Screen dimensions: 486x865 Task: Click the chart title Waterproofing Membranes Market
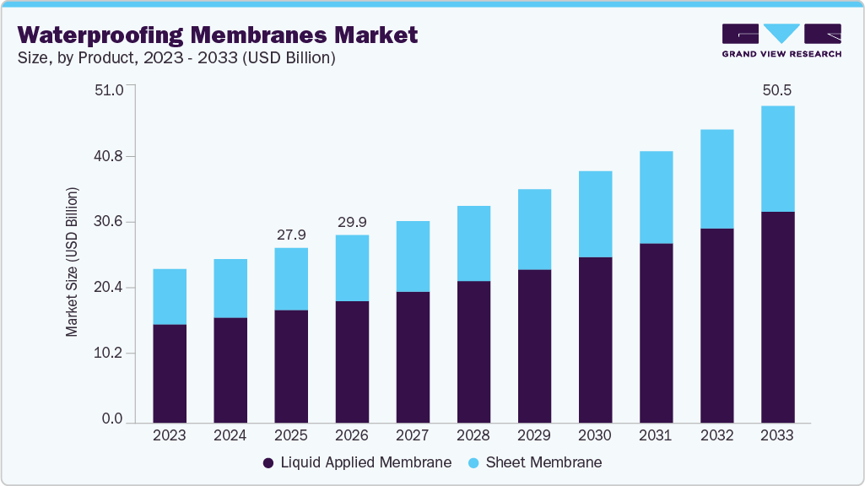click(218, 35)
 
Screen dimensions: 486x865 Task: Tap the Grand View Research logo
click(781, 40)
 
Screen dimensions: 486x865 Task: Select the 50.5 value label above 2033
click(777, 90)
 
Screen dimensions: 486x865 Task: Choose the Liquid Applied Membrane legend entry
click(357, 462)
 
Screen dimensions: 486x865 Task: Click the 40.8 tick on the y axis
click(107, 156)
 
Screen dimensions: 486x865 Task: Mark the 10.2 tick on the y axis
click(107, 353)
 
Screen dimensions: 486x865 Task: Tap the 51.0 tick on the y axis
click(107, 90)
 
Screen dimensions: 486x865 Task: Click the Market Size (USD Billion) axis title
click(73, 262)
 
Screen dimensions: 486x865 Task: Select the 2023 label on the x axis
click(170, 435)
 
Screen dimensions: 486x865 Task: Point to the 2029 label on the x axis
click(534, 435)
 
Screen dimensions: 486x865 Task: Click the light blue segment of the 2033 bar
click(777, 159)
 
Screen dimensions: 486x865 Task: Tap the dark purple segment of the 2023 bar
click(170, 373)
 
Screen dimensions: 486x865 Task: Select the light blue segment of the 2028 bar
click(473, 243)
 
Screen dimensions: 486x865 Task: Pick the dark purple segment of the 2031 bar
click(656, 332)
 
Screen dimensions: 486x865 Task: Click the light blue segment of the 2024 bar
click(230, 289)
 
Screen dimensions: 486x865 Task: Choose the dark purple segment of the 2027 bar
click(413, 357)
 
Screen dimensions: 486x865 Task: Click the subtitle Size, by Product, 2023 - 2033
click(177, 58)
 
